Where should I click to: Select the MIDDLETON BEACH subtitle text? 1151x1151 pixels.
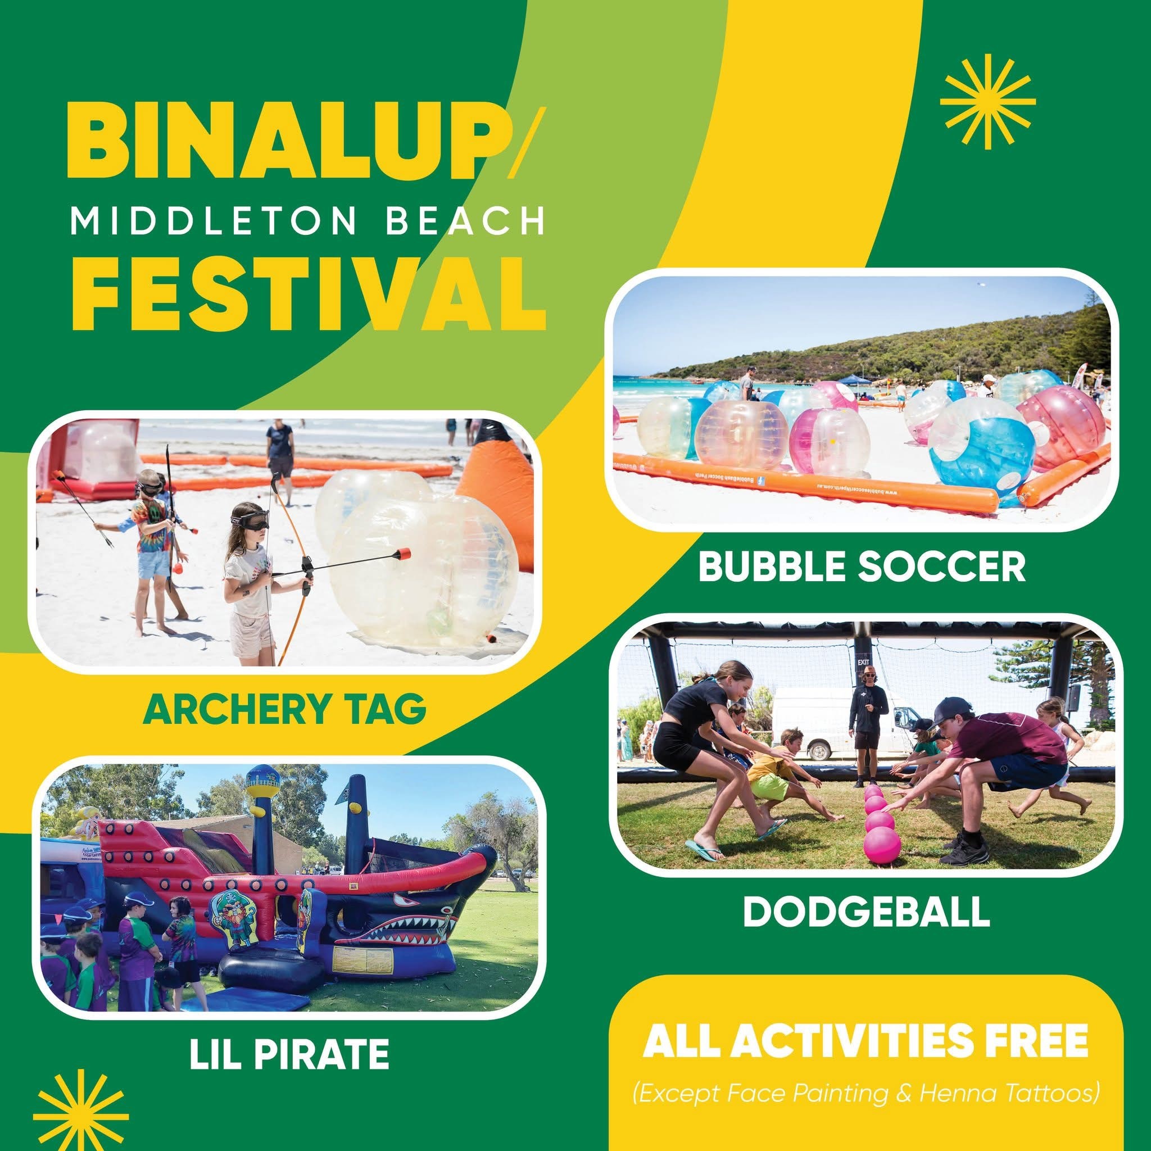[x=307, y=221]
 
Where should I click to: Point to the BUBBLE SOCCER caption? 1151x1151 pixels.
[x=862, y=566]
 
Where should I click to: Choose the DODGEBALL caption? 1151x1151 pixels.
[x=866, y=911]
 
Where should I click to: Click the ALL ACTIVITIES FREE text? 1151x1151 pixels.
[x=865, y=1040]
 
